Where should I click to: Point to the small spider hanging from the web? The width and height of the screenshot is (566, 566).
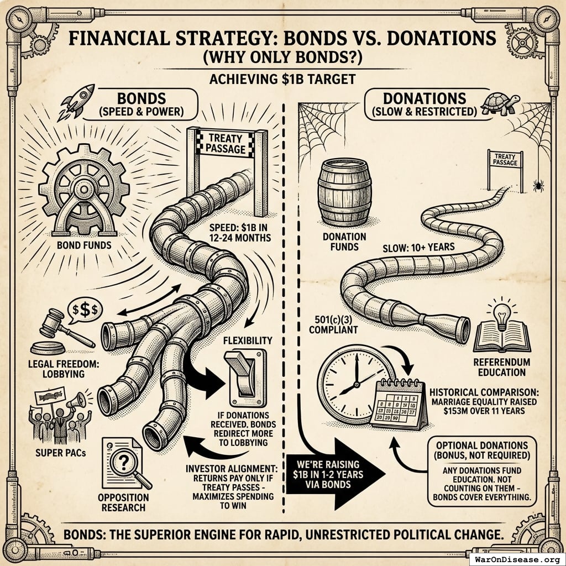[537, 185]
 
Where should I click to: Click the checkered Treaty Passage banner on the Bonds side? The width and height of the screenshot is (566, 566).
[227, 143]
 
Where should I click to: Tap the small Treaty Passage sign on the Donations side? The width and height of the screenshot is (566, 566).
[505, 160]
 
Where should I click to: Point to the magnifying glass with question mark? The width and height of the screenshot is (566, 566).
[126, 462]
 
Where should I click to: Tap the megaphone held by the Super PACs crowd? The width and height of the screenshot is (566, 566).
[77, 399]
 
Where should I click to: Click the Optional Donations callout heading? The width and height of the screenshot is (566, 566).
[481, 450]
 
